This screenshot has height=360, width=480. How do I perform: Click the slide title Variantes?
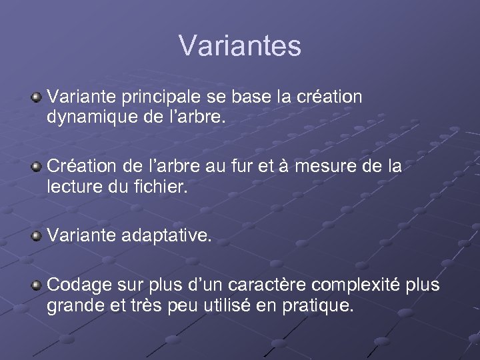(240, 46)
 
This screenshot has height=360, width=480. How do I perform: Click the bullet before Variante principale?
(37, 98)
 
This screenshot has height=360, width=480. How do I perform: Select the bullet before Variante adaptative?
(37, 235)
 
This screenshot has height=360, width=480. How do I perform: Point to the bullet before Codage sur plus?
(37, 285)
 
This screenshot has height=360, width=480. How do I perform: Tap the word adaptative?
(167, 235)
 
